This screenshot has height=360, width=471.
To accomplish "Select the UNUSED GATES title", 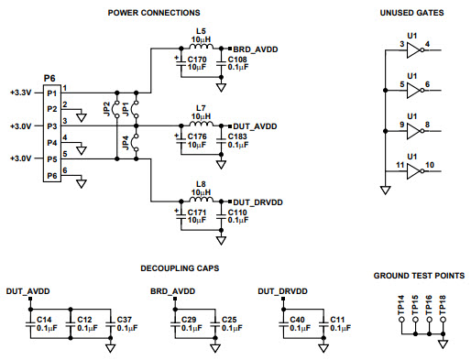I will click(x=411, y=13).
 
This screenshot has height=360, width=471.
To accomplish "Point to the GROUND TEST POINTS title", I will click(x=417, y=275).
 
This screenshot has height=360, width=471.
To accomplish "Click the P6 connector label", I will click(x=49, y=80).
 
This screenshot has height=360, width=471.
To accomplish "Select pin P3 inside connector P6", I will click(x=51, y=125).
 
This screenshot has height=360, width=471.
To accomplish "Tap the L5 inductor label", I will click(x=201, y=32).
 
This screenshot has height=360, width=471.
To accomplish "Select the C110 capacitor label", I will click(x=237, y=212).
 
